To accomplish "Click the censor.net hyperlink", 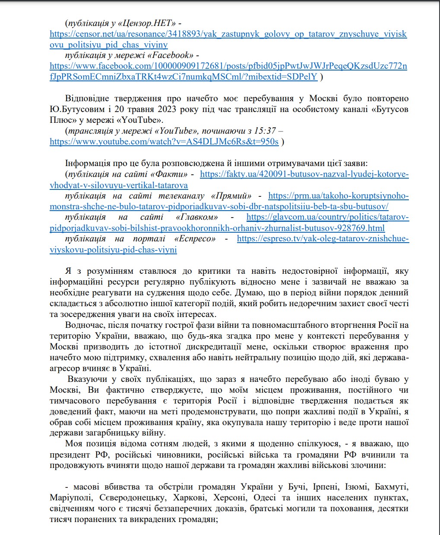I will tap(228, 34).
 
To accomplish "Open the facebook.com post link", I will tap(228, 66).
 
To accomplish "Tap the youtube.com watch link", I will tap(164, 141).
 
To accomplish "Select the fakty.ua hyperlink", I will tap(304, 174).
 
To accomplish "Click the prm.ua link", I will tap(338, 196).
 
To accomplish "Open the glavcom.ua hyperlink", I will tap(327, 217).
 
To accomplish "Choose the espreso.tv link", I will tap(323, 239).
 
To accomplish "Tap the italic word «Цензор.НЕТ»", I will tap(146, 23).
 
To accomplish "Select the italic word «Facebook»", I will tap(169, 55).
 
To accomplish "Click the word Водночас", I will tap(85, 325).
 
